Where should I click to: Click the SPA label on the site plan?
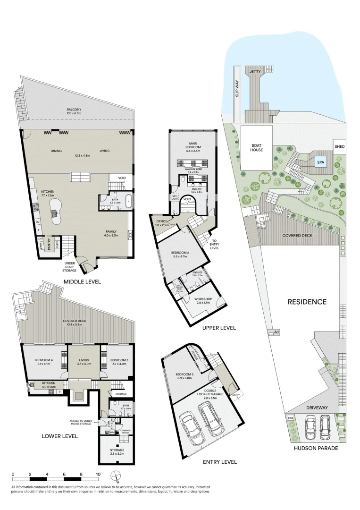(320, 162)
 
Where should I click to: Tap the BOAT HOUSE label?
(257, 147)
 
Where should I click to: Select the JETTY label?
(255, 71)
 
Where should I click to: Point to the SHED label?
(339, 147)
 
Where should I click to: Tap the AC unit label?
(276, 332)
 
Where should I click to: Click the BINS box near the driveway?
(290, 418)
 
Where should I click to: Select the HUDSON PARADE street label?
(316, 448)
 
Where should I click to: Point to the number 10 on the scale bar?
(98, 474)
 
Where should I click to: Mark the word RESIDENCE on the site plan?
(307, 302)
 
